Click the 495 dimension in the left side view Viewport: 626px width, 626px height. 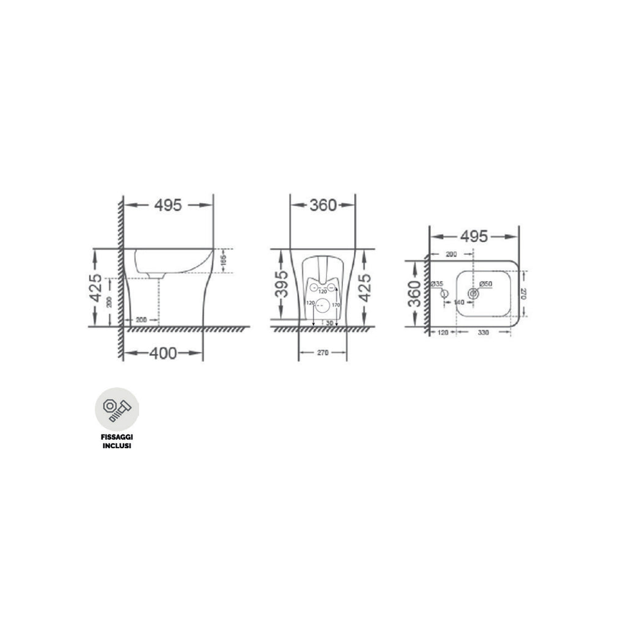(168, 205)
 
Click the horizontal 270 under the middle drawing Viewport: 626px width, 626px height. (323, 353)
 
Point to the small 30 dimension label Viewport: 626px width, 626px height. (330, 322)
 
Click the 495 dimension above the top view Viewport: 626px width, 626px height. (474, 236)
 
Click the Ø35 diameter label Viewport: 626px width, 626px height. (438, 284)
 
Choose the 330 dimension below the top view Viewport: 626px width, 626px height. (484, 332)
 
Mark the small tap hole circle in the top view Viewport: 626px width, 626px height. (445, 295)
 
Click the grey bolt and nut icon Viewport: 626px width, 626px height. (117, 410)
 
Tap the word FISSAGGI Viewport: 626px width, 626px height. (117, 438)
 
